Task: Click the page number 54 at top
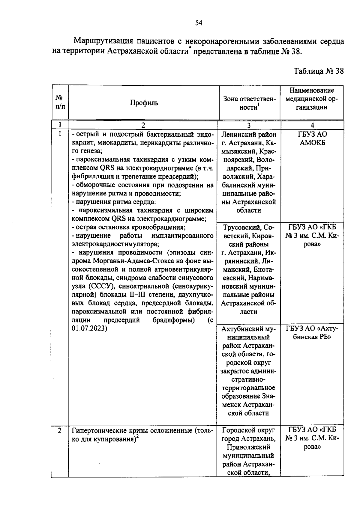(199, 23)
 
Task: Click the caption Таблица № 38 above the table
(318, 71)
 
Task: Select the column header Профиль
(144, 103)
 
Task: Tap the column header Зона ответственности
(249, 103)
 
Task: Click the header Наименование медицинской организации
(312, 99)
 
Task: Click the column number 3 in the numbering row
(249, 125)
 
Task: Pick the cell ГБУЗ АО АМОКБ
(312, 138)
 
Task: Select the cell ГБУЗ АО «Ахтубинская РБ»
(312, 333)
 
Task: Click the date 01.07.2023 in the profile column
(89, 328)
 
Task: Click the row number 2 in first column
(60, 431)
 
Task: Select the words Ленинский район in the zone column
(249, 135)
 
